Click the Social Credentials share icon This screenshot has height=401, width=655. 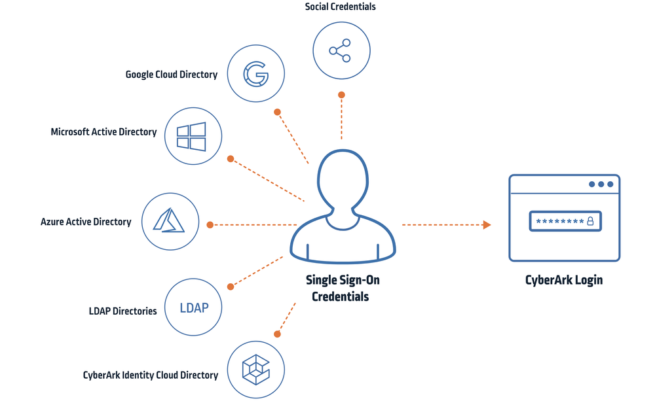coord(341,50)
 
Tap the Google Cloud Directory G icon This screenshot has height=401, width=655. coord(255,74)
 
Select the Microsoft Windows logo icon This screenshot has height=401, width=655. coord(191,136)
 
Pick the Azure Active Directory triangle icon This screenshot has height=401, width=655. coord(169,220)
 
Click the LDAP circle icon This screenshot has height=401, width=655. coord(193,306)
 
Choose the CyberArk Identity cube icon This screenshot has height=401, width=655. coord(255,369)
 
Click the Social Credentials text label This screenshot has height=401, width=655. coord(341,7)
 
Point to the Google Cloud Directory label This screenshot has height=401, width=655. coord(172,75)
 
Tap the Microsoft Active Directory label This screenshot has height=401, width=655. coord(104,132)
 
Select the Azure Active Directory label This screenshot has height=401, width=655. coord(86,222)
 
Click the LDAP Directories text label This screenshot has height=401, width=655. coord(122,311)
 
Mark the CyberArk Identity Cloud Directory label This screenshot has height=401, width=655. coord(151,375)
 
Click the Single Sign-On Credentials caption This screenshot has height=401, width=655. coord(343,288)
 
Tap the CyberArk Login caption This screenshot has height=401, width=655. coord(564,280)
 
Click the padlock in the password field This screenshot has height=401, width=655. coord(590,221)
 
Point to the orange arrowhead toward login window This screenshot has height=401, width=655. coord(487,225)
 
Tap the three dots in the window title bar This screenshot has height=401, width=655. coord(601,184)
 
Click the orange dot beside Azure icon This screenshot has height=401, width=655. coord(210,225)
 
